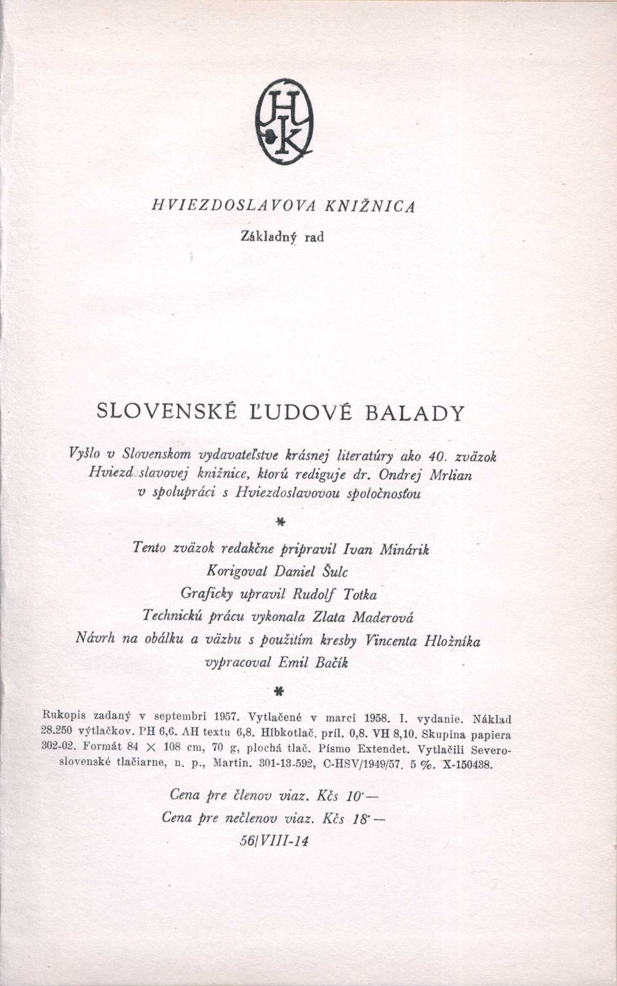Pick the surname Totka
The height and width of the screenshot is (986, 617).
click(360, 595)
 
